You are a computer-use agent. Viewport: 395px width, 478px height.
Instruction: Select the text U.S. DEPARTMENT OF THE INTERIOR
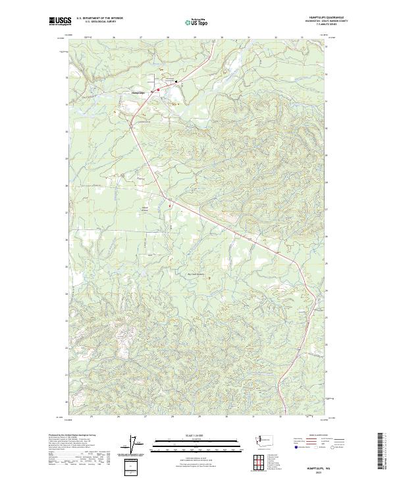[x=99, y=19]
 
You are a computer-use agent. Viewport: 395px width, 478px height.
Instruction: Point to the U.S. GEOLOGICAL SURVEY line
[x=99, y=22]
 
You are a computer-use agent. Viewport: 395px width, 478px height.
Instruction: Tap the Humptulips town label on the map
[x=138, y=93]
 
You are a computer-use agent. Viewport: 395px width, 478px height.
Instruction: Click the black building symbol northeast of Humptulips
[x=176, y=82]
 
